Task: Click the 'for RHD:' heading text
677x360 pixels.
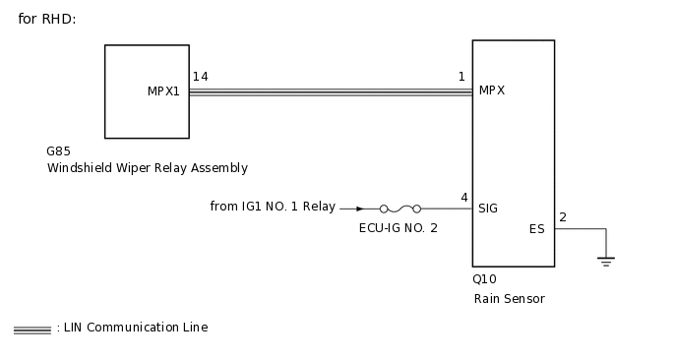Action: (47, 19)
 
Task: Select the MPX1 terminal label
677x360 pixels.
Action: (163, 91)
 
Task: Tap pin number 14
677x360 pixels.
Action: (200, 77)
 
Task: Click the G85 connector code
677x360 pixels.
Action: (58, 152)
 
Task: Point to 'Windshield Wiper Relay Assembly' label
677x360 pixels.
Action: (148, 168)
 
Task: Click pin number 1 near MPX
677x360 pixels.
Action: (462, 77)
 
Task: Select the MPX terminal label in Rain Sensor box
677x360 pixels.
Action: (492, 90)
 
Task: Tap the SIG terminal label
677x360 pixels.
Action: (488, 209)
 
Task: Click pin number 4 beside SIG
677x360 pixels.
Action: (463, 198)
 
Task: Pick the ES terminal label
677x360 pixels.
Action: (536, 229)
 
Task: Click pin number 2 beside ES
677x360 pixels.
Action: (563, 217)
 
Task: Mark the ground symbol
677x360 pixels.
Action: (606, 261)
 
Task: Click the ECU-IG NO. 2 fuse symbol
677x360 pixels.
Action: (400, 209)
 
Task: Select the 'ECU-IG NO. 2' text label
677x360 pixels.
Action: (399, 227)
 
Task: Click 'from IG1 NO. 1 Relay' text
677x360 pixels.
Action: (273, 207)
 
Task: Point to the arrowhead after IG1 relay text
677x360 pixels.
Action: (360, 209)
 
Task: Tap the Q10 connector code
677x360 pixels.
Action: (485, 279)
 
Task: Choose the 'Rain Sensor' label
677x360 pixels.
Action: (509, 299)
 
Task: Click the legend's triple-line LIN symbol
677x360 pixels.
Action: (32, 330)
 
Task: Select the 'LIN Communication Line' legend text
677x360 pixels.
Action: (135, 328)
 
